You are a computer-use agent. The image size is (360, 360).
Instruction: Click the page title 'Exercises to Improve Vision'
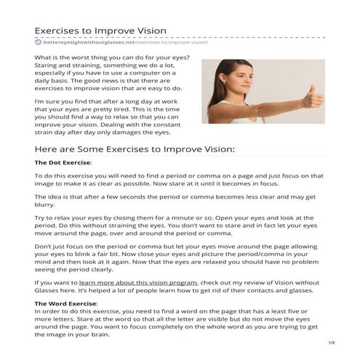tap(100, 31)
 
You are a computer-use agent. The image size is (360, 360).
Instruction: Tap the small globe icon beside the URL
tap(38, 43)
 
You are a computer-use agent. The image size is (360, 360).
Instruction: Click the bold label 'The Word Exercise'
tap(65, 302)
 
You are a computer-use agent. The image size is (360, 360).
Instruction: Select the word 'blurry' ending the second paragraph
tap(47, 206)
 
